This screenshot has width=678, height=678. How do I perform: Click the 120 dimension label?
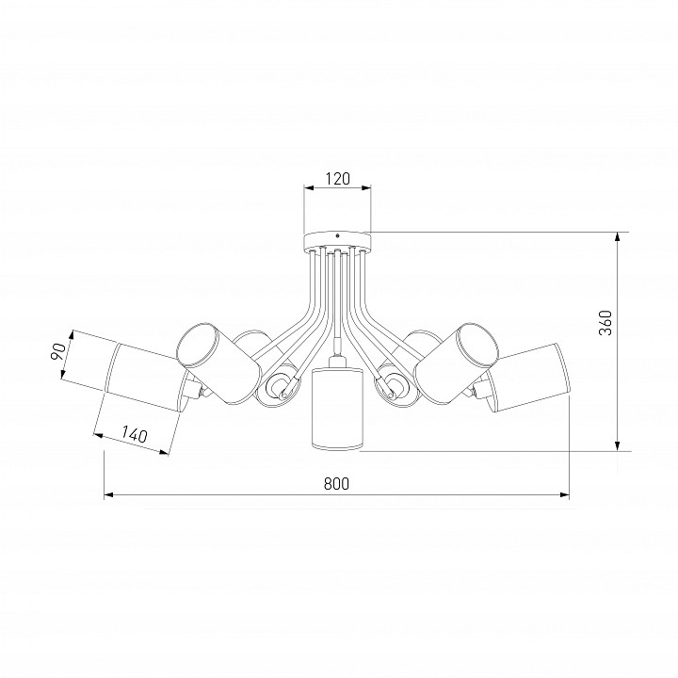337,178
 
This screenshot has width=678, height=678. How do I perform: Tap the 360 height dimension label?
605,323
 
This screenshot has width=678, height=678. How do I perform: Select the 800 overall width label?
336,484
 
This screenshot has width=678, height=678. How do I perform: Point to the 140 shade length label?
135,434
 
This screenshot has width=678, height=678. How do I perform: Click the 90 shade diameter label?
58,352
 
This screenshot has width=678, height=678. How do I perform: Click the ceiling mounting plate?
337,241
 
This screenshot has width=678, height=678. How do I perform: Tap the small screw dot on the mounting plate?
337,236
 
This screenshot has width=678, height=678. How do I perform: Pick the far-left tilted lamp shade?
147,377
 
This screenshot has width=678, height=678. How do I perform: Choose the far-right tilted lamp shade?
527,377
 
